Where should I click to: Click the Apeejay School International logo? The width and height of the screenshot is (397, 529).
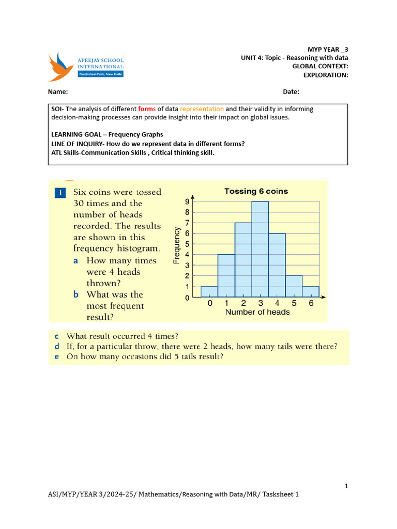click(x=86, y=66)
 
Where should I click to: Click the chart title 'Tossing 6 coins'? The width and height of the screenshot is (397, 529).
click(x=256, y=191)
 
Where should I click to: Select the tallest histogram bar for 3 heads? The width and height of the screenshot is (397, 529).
click(x=260, y=250)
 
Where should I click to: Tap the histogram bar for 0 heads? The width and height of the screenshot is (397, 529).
click(x=209, y=292)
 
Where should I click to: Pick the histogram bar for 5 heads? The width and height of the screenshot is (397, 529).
click(x=294, y=287)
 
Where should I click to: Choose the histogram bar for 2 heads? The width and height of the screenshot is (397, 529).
click(x=243, y=260)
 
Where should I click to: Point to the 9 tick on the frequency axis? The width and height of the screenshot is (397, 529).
click(x=187, y=202)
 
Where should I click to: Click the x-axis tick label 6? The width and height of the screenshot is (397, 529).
click(x=311, y=304)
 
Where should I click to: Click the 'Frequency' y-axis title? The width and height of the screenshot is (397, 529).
click(x=176, y=245)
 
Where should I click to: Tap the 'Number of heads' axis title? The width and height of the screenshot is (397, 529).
click(x=257, y=312)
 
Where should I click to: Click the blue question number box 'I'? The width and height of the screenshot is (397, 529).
click(x=60, y=193)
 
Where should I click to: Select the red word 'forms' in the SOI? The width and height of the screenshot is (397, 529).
click(x=147, y=109)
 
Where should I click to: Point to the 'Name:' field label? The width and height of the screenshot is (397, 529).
click(x=58, y=92)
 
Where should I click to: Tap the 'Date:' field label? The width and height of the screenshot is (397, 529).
click(x=291, y=92)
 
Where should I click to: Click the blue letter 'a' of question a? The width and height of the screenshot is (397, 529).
click(x=75, y=261)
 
